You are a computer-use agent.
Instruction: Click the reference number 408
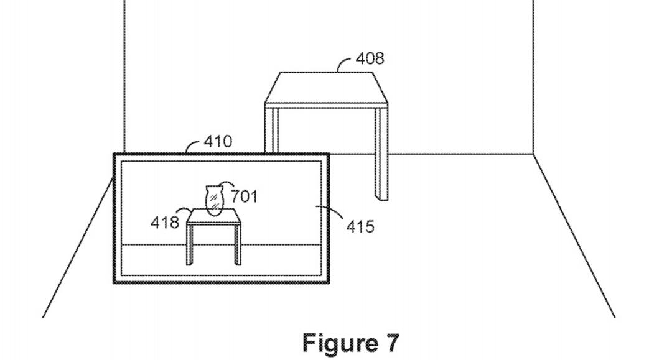click(370, 58)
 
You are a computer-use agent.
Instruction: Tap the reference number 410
click(218, 141)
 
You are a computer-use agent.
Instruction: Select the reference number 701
click(245, 196)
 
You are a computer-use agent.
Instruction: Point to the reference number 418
click(164, 222)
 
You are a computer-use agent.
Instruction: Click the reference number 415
click(360, 226)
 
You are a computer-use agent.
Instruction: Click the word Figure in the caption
click(335, 343)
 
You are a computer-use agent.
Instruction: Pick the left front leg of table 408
click(271, 129)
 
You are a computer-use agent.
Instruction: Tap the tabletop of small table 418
click(214, 216)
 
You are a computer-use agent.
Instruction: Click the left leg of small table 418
click(189, 245)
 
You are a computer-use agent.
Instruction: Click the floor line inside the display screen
click(221, 245)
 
